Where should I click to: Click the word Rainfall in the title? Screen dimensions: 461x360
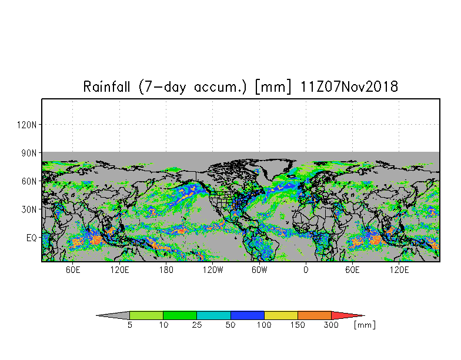coord(107,87)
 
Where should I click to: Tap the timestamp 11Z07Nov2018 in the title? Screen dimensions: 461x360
coord(349,87)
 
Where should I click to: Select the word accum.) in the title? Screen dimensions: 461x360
coord(220,87)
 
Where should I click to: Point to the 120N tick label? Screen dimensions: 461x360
coord(27,125)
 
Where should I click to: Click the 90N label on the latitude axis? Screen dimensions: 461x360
coord(29,153)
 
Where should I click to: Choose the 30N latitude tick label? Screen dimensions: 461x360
coord(29,209)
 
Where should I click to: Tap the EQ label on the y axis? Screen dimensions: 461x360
coord(32,238)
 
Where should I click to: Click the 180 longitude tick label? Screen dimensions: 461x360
coord(166,269)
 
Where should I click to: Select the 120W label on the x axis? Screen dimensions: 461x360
coord(213,269)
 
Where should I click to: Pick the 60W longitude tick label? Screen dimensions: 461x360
coord(259,269)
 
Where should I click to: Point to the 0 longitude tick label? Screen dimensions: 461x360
coord(306,269)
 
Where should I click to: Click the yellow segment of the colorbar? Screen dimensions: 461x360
coord(281,315)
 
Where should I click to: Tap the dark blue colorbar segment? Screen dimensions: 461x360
coord(247,315)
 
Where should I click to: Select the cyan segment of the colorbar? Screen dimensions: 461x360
coord(213,315)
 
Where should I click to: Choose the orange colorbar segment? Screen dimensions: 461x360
coord(315,315)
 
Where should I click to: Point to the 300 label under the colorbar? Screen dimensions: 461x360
coord(332,325)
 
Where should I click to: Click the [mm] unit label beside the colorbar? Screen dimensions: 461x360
coord(365,325)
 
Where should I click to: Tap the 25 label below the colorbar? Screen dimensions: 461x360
coord(196,325)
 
